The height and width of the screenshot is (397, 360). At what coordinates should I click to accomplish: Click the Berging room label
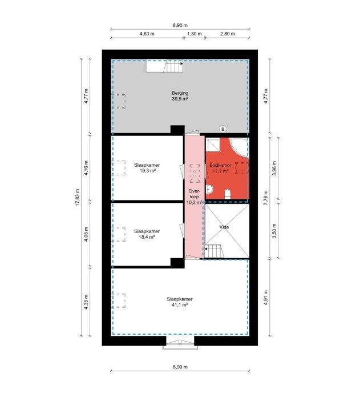tap(180, 93)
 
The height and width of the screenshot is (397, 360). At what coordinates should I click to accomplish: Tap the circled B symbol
tap(223, 129)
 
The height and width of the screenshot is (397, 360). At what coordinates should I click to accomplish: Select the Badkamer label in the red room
tap(220, 165)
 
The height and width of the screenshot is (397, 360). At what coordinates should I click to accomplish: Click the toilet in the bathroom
tap(228, 194)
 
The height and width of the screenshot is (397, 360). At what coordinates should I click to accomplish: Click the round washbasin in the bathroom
tap(209, 189)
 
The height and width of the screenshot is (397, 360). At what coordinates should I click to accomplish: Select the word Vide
tap(224, 227)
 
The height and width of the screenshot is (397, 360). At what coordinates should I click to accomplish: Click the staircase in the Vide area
tap(213, 251)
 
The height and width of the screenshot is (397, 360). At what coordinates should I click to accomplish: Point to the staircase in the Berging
tap(165, 66)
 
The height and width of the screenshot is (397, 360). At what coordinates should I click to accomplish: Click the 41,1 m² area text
tap(180, 305)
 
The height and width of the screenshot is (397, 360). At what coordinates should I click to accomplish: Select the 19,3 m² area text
tap(147, 171)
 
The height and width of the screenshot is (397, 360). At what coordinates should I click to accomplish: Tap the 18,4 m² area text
tap(147, 237)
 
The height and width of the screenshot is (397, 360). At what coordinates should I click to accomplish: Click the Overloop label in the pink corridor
tap(194, 194)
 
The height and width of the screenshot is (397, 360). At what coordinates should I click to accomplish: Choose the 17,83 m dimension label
tap(78, 198)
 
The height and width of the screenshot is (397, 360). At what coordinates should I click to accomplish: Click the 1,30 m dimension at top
tap(194, 34)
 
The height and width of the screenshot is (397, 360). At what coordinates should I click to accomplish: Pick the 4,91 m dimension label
tap(265, 298)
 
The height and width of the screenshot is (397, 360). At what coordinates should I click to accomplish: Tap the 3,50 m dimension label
tap(274, 230)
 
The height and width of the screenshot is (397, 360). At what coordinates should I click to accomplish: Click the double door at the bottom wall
tap(180, 343)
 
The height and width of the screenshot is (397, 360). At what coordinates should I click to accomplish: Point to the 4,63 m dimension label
tap(147, 34)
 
